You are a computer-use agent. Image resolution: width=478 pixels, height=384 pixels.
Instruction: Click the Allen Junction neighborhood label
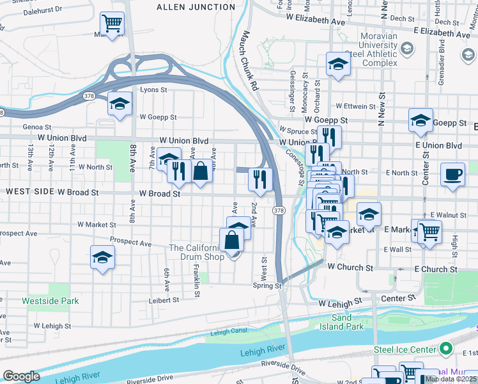click(x=196, y=7)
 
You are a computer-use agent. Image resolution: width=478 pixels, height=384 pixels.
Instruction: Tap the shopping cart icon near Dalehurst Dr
click(x=112, y=24)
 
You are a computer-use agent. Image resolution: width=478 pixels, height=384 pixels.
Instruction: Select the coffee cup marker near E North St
click(x=452, y=175)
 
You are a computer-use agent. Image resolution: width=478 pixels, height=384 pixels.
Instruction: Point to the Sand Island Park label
click(x=348, y=323)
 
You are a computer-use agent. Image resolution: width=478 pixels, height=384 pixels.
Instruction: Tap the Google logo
click(x=21, y=376)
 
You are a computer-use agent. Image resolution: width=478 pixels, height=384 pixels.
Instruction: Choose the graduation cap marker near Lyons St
click(x=119, y=104)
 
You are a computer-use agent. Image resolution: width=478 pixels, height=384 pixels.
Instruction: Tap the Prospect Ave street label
click(x=130, y=243)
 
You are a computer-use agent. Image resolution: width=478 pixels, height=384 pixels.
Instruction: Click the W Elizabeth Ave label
click(x=315, y=20)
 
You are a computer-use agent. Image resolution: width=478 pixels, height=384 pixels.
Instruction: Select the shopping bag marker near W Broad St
click(x=201, y=171)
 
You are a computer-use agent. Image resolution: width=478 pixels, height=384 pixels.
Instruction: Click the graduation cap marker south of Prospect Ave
click(x=102, y=257)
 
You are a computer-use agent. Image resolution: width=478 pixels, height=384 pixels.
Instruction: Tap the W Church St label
click(x=351, y=268)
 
